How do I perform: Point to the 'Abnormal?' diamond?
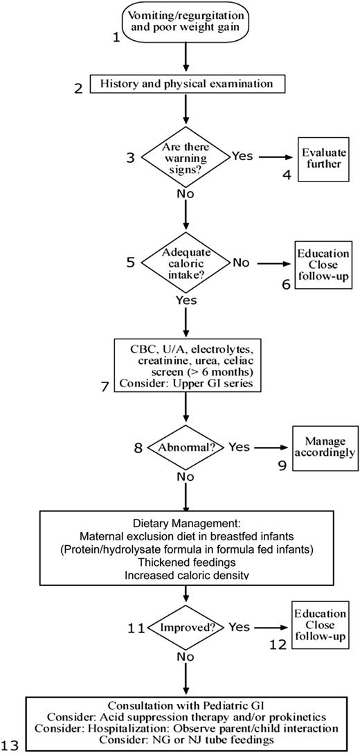(x=185, y=447)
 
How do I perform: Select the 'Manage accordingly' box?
(x=324, y=447)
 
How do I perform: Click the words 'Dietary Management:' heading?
(x=185, y=524)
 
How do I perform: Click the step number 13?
(x=12, y=745)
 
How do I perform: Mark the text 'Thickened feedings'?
(x=185, y=561)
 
